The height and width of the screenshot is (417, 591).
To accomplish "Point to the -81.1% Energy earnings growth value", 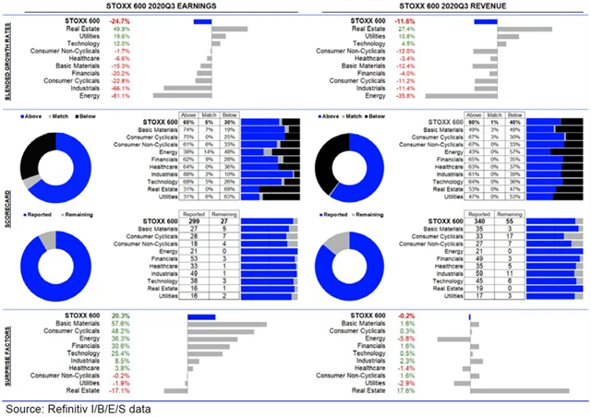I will pos(119,95).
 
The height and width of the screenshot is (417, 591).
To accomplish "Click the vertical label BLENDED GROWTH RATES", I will pos(8,57).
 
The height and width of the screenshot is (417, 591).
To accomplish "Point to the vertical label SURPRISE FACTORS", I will pos(8,353).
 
